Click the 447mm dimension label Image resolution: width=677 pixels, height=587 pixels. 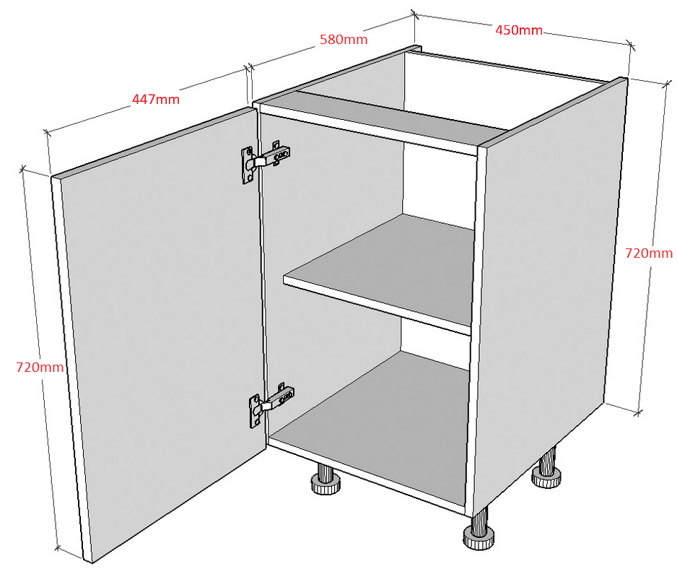[x=155, y=100]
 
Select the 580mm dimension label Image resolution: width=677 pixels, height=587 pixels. [x=344, y=39]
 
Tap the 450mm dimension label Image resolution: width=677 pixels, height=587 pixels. [x=518, y=30]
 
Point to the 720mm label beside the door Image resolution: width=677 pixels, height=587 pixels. [x=40, y=367]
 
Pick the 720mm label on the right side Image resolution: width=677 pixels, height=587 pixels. [x=649, y=253]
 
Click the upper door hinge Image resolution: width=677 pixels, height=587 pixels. [x=265, y=162]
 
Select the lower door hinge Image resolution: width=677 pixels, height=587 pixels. [x=271, y=404]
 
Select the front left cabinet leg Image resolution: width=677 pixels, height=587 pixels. [x=325, y=479]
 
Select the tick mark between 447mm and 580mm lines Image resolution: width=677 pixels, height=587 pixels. [x=248, y=68]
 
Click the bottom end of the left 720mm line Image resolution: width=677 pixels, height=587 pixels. [x=58, y=549]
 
